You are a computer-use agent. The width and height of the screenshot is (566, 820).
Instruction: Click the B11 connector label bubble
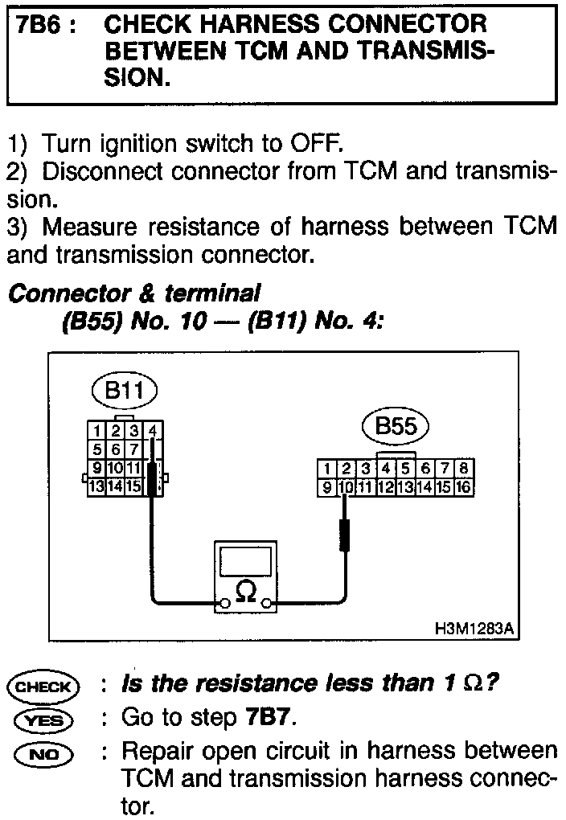(124, 392)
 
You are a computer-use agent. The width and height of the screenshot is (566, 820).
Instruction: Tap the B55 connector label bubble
(396, 426)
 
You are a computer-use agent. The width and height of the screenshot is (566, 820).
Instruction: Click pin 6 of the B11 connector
(116, 449)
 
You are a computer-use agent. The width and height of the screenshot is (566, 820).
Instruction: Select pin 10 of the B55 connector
(346, 487)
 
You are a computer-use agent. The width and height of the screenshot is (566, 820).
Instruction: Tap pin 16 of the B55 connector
(465, 487)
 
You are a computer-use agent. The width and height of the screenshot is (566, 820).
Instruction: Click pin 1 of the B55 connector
(326, 469)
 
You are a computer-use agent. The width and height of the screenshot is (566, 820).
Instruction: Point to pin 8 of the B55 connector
(466, 469)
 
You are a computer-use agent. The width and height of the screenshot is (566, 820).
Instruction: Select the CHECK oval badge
(43, 687)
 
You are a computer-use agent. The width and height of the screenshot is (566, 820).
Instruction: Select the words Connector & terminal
(133, 293)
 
